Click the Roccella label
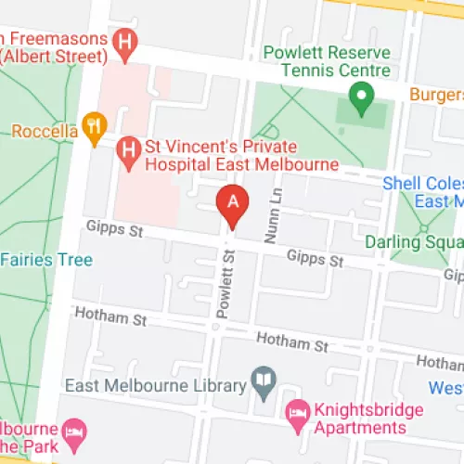[x=44, y=131]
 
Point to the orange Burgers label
[x=438, y=95]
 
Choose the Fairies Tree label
[x=46, y=260]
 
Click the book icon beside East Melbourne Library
[x=264, y=382]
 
